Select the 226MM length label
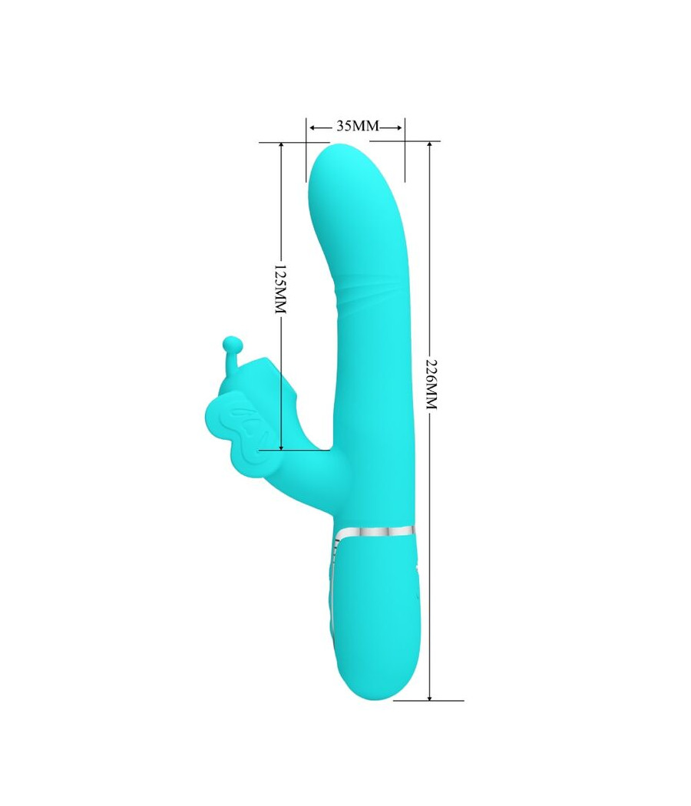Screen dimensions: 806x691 pyautogui.click(x=430, y=384)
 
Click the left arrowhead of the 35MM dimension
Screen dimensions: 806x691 pyautogui.click(x=312, y=126)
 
